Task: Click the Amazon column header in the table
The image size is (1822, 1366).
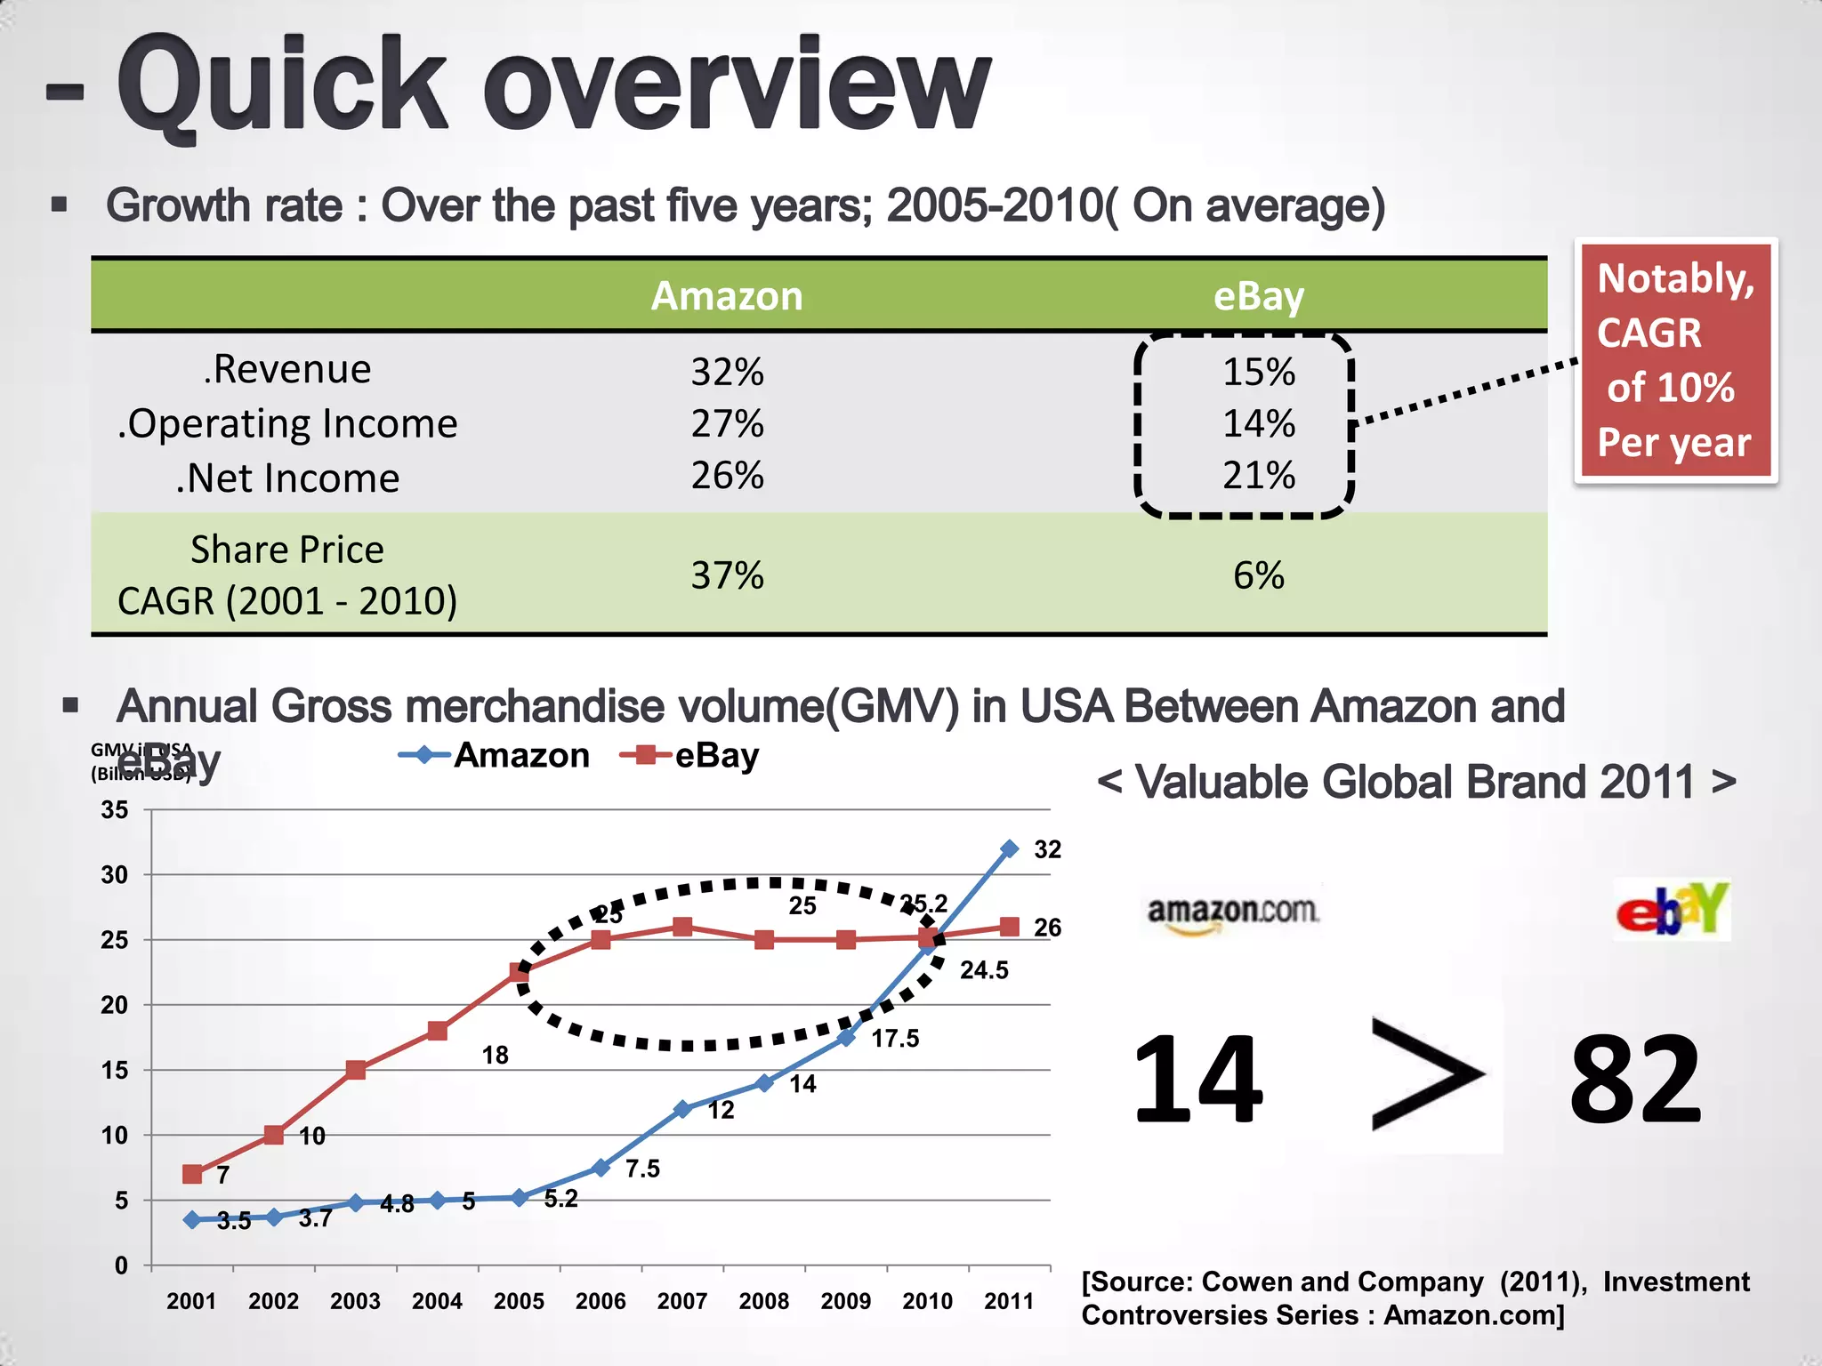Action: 727,296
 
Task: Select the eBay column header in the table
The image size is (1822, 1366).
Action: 1258,296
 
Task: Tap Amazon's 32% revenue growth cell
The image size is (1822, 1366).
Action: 727,372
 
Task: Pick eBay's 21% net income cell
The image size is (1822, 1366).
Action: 1258,476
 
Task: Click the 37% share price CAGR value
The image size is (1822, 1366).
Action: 727,575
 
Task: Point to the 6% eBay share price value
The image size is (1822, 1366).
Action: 1258,575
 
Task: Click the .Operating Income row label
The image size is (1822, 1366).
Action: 287,423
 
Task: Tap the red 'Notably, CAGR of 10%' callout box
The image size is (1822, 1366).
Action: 1675,360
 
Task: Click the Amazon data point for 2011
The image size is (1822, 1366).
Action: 1009,849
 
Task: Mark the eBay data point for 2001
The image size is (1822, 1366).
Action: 192,1174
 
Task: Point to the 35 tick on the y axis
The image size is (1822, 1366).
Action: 115,810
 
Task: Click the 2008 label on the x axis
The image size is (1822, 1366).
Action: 763,1301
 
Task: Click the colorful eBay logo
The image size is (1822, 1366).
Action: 1673,910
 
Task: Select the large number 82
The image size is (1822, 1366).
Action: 1635,1081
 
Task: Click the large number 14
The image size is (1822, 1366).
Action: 1197,1081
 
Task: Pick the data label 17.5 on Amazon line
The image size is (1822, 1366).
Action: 895,1039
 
